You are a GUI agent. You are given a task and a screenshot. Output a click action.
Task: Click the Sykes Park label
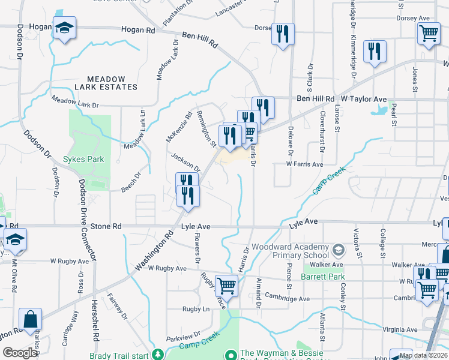[x=84, y=160]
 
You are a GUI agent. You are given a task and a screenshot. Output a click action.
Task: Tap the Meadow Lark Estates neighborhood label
[x=112, y=83]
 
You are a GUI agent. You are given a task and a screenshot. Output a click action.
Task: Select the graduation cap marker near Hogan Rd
[x=64, y=28]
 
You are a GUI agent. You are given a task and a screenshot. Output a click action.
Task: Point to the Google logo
[x=20, y=353]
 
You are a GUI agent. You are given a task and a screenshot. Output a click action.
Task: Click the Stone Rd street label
[x=109, y=226]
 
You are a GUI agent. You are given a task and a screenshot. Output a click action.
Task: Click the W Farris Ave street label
[x=304, y=164]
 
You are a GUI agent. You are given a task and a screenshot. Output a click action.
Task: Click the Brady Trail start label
[x=119, y=355]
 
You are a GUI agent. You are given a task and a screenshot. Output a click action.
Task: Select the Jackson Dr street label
[x=185, y=161]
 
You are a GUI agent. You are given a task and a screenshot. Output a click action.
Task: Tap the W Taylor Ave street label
[x=364, y=98]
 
